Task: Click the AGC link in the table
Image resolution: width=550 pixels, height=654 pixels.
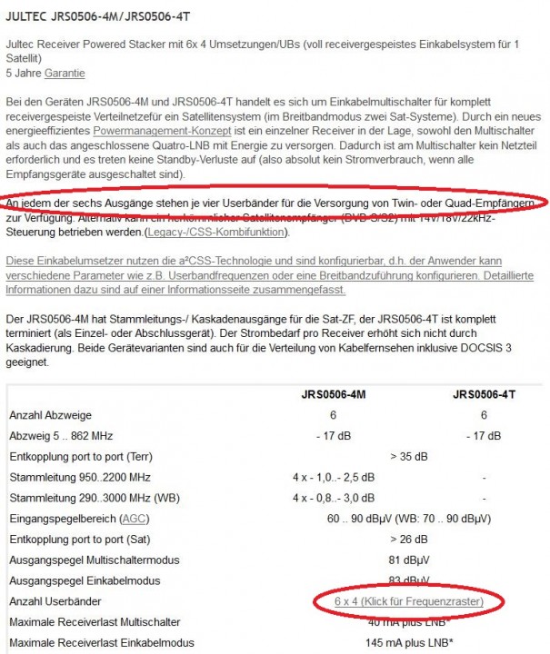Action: [x=133, y=519]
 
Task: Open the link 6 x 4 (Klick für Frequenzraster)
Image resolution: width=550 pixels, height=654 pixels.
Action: [x=408, y=602]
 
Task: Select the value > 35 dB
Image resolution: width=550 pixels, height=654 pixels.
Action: [x=408, y=456]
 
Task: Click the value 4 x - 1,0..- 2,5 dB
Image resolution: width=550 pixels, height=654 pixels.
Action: [x=333, y=477]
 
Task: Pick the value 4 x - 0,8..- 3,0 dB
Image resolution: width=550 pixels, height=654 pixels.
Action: [x=333, y=498]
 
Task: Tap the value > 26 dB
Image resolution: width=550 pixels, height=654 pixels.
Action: [x=408, y=540]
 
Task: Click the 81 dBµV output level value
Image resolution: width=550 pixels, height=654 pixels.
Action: [x=408, y=560]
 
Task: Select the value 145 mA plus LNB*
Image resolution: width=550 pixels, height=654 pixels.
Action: [x=408, y=643]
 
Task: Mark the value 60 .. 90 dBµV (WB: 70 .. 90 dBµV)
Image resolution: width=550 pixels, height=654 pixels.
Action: [x=408, y=519]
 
